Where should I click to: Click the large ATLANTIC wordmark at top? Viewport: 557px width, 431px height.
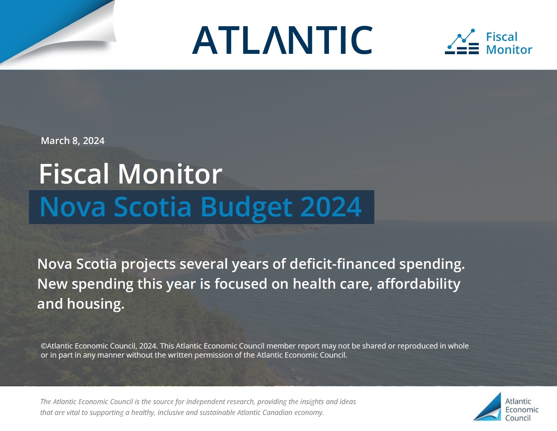coord(282,40)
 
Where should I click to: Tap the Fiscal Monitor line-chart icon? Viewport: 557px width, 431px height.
coord(462,42)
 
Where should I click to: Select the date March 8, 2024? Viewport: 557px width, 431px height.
coord(73,141)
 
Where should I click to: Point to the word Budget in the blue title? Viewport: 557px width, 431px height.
coord(246,207)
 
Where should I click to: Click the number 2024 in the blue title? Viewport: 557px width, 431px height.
coord(331,207)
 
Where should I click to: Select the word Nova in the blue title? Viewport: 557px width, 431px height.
coord(73,207)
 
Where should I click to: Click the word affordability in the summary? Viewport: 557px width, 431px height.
coord(419,284)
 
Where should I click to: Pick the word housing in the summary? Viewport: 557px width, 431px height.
coord(96,304)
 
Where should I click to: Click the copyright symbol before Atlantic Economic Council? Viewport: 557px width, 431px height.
coord(44,346)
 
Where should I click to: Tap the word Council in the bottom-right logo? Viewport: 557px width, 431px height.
coord(518,418)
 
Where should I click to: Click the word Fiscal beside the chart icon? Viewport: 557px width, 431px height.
coord(501,37)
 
